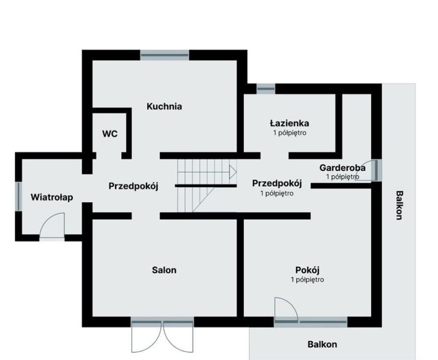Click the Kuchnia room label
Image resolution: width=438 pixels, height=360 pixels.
coord(164,106)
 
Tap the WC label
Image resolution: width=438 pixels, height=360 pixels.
coord(110,134)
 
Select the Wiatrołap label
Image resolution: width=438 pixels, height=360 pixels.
coord(52,197)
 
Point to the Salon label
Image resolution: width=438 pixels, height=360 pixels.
coord(164,270)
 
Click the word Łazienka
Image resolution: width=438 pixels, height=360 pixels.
coord(289,123)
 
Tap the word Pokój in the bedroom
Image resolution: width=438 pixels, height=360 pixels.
coord(307,270)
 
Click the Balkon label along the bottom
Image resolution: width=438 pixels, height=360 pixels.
coord(322,344)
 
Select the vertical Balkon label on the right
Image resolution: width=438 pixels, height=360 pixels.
coord(399,205)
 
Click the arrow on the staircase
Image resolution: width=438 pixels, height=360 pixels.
coord(233,172)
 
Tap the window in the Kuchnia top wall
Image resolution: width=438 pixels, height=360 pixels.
coord(165,55)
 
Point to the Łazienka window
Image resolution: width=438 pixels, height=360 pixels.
coord(266,89)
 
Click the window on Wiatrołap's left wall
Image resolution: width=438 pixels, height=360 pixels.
coord(18,197)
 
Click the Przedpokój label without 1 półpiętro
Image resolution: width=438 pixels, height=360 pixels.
coord(133,186)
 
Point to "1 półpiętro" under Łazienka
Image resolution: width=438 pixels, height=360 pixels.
coord(289,133)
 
